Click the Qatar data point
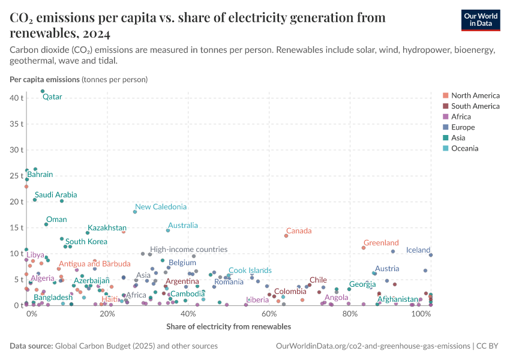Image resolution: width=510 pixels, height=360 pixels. point(43,91)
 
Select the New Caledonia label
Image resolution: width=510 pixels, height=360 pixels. point(161,206)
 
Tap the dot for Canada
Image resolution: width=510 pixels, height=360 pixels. point(286,236)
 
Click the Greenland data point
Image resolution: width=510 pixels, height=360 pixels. point(364,248)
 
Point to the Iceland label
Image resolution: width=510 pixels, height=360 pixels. point(418,250)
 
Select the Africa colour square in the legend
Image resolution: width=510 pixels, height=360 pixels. point(445,117)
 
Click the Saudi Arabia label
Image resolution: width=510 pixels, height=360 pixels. point(55,195)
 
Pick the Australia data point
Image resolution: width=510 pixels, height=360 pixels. point(168,230)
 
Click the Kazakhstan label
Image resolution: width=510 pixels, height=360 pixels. point(107,228)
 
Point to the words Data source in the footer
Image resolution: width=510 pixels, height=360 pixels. point(30,346)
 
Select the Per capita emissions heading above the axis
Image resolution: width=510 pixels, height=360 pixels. point(44,79)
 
